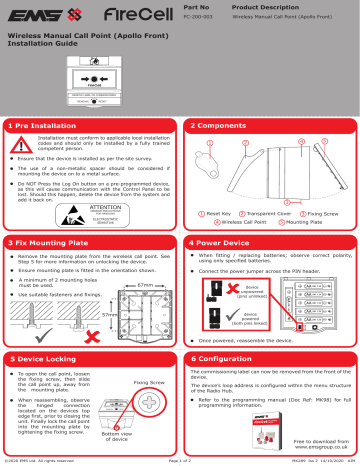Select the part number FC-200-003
click(202, 18)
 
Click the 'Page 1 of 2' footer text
click(180, 461)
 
